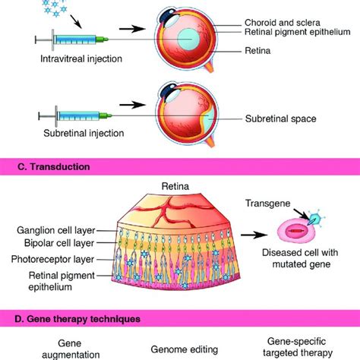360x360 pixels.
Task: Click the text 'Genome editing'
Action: [188, 348]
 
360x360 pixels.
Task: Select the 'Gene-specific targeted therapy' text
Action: [298, 347]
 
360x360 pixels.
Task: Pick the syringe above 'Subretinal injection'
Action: [76, 118]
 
